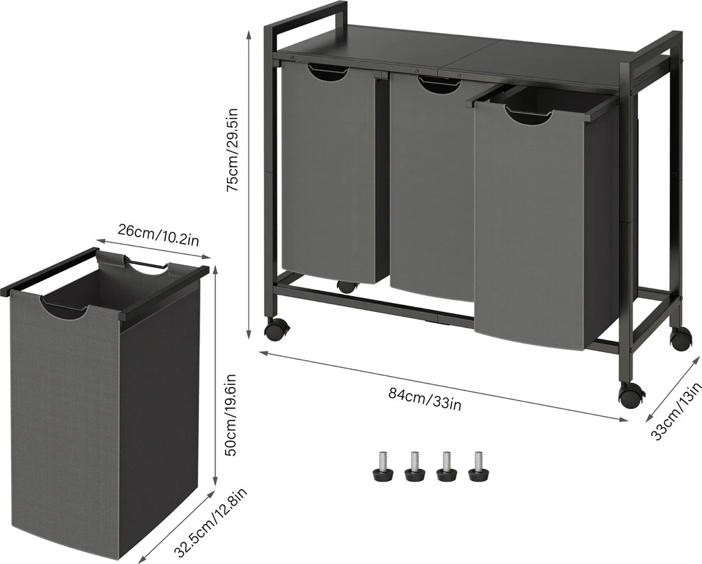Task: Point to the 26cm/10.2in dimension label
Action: [158, 235]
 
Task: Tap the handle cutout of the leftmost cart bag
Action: [328, 72]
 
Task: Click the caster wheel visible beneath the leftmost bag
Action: [346, 286]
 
